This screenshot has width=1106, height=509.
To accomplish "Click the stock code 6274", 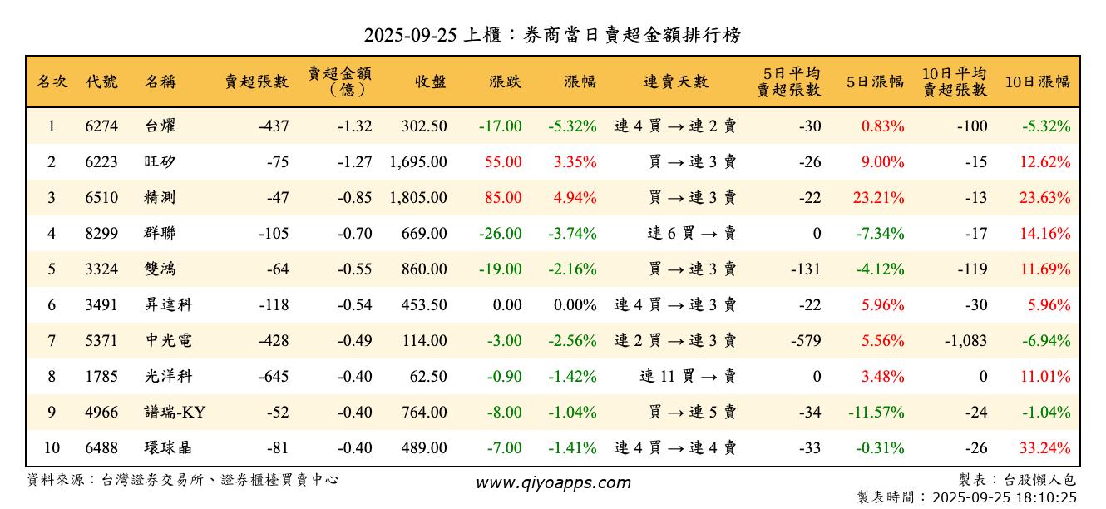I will (101, 126).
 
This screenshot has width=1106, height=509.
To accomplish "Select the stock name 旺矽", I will (160, 162).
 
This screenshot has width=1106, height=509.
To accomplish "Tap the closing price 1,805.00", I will (417, 198).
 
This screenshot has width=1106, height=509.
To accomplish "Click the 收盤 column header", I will (429, 82).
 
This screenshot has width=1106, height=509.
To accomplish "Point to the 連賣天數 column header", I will (675, 82).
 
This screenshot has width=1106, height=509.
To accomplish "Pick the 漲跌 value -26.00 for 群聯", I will (501, 234).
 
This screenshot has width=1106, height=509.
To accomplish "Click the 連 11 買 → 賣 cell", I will (688, 377).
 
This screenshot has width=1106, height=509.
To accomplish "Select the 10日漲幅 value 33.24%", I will (1045, 448).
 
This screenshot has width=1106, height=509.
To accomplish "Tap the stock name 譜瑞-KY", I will (174, 413).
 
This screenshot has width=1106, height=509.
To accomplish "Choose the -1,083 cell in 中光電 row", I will (965, 341).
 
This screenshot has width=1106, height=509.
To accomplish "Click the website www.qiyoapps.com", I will (553, 482).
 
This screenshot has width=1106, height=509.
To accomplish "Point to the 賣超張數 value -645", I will (273, 377).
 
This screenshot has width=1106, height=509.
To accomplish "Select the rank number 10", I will (52, 448).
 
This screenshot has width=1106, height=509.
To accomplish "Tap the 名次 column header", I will (52, 82).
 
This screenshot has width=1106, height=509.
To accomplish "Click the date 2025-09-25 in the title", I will (406, 35).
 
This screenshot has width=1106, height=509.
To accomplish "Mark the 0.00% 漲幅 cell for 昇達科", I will (575, 305).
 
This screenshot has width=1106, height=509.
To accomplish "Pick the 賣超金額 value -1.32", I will (355, 126).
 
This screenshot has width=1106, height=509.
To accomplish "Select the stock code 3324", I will (101, 269).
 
